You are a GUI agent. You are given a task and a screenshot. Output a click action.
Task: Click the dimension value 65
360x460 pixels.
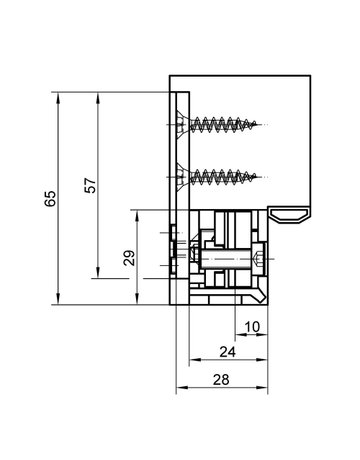[x=50, y=199]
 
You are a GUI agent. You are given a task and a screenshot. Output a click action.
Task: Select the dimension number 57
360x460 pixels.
[x=90, y=185]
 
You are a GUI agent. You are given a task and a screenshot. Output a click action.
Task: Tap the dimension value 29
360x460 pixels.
[x=129, y=258]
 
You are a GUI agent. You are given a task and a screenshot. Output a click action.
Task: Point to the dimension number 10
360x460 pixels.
[x=252, y=327]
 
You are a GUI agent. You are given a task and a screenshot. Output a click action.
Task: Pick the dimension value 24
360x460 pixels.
[x=228, y=352]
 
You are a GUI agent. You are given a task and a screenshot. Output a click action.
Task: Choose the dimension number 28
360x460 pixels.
[x=221, y=380]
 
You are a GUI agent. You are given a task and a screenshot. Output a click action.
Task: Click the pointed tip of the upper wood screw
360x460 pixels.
[x=257, y=124]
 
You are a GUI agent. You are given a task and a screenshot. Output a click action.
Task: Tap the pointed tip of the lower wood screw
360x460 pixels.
[x=257, y=177]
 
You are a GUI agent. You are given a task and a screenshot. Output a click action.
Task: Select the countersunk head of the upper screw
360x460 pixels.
[x=182, y=125]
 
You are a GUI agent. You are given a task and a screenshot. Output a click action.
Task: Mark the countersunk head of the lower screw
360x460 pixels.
[x=182, y=177]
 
